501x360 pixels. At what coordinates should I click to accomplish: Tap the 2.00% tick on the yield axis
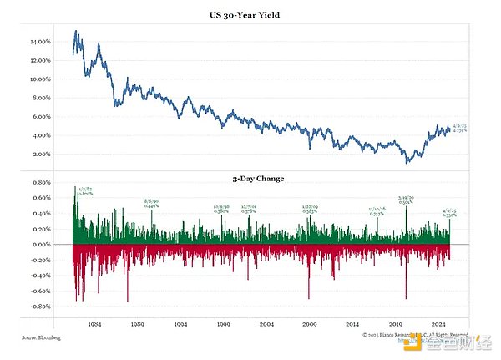coord(42,155)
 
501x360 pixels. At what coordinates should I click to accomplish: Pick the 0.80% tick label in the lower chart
coord(41,181)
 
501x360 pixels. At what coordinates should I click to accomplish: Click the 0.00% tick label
coord(41,245)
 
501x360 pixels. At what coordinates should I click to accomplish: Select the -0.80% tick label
coord(40,307)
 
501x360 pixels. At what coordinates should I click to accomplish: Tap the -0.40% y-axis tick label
coord(40,276)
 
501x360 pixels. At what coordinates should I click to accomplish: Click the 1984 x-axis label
coord(94,323)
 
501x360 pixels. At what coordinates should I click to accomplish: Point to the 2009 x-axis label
coord(310,323)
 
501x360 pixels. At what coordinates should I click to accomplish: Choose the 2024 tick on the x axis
coord(439,323)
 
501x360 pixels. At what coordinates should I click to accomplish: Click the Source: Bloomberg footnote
coord(41,337)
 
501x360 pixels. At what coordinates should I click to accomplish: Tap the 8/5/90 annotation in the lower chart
coord(151,201)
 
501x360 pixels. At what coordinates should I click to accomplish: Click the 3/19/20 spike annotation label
coord(407,199)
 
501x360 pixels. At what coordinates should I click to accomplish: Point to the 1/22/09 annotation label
coord(310,206)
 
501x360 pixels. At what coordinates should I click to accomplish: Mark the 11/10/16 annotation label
coord(377,210)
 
